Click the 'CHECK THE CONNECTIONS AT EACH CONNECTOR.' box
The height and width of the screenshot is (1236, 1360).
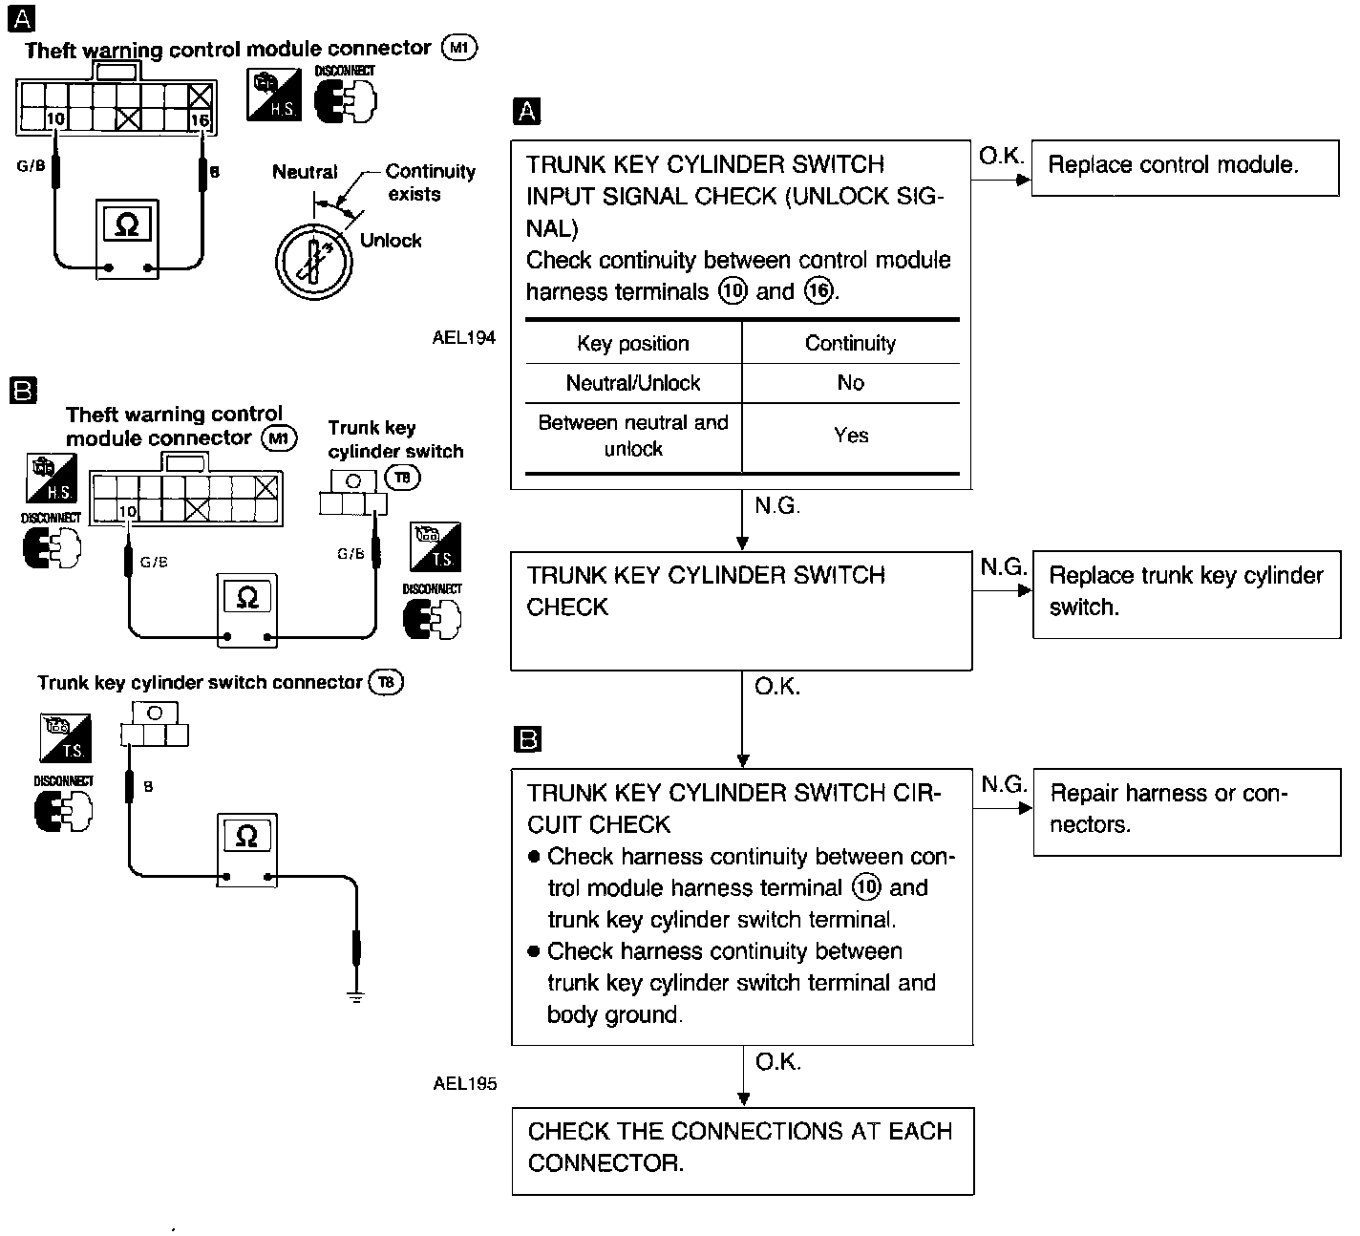click(x=742, y=1149)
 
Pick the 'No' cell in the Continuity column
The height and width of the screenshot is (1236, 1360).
click(x=850, y=383)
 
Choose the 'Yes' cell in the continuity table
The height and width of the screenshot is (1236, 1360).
click(x=850, y=436)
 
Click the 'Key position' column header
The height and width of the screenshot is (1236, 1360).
click(x=632, y=344)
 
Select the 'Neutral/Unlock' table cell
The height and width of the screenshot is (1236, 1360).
click(x=632, y=383)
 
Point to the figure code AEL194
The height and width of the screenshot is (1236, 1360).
click(x=463, y=337)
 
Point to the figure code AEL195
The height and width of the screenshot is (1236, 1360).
click(x=464, y=1083)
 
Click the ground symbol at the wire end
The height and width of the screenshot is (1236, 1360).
click(x=356, y=998)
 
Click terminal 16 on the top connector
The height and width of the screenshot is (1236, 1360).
click(x=200, y=119)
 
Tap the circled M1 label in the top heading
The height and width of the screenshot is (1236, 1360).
click(x=459, y=48)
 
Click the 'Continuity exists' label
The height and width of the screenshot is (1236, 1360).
click(x=430, y=182)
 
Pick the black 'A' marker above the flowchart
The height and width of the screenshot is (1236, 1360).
click(x=526, y=112)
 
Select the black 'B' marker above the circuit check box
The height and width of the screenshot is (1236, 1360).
click(x=527, y=738)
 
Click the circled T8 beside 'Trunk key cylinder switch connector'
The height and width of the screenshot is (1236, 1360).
click(x=386, y=682)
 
